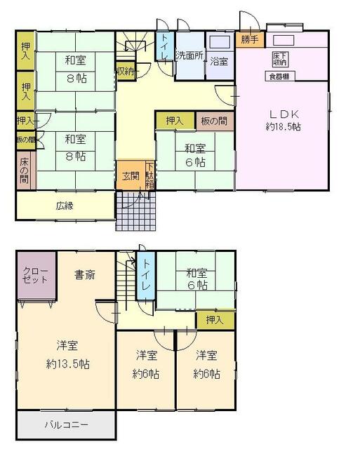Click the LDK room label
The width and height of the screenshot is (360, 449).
point(284,113)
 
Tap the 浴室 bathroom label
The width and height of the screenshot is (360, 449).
point(219,61)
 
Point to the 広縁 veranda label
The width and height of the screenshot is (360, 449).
point(65,206)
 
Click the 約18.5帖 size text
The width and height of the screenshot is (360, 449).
point(284,127)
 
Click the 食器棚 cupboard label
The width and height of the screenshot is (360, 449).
point(279,75)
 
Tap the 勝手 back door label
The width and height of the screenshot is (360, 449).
point(248,39)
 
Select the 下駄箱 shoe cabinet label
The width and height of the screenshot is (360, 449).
point(149,175)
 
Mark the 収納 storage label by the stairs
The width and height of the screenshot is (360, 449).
point(126,72)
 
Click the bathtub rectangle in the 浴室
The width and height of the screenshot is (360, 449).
point(220,43)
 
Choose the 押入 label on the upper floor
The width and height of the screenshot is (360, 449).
point(215,320)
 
